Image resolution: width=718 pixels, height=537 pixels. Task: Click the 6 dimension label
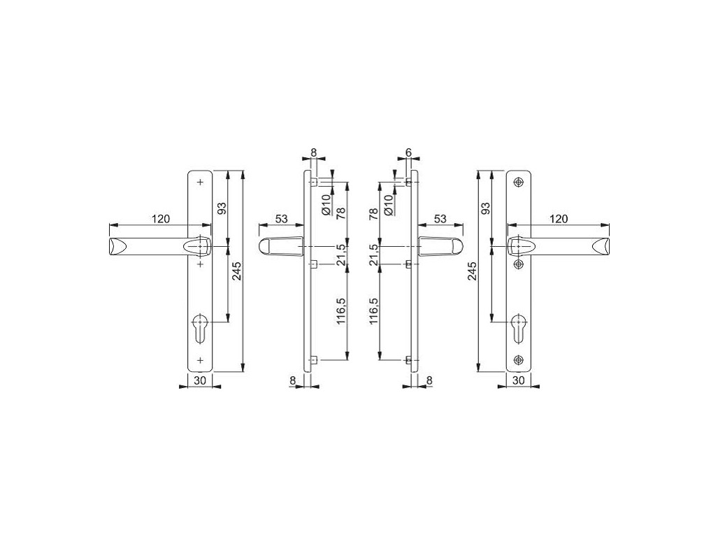tap(408, 152)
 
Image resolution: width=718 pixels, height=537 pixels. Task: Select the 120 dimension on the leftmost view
tap(160, 219)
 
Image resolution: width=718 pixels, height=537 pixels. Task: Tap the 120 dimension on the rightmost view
tap(558, 219)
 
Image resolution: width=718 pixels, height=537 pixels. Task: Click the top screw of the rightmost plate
tap(518, 182)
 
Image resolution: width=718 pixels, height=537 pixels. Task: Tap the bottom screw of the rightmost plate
tap(518, 360)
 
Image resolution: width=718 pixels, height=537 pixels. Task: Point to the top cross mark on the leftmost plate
tap(200, 182)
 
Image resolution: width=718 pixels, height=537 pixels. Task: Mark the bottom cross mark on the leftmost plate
tap(200, 360)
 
